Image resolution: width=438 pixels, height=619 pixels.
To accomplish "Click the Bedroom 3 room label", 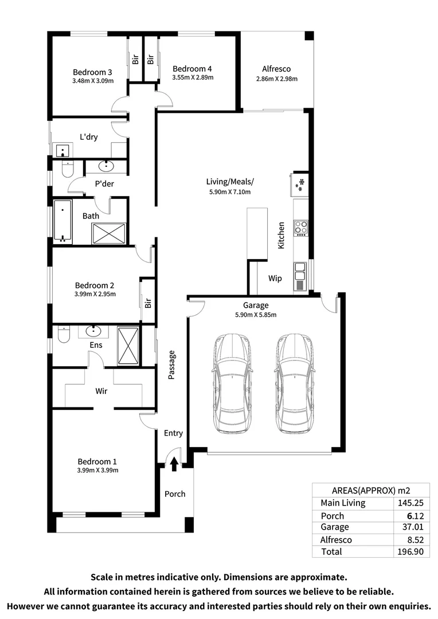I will [x=92, y=72].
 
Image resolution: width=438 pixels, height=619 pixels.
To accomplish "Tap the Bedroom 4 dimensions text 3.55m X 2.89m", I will [x=193, y=77].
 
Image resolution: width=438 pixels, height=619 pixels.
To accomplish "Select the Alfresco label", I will [x=276, y=69].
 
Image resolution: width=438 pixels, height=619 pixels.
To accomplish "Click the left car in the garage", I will [x=232, y=383].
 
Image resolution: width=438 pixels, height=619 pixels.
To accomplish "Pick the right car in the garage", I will [x=295, y=383].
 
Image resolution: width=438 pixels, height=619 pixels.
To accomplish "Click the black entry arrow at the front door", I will [x=174, y=464].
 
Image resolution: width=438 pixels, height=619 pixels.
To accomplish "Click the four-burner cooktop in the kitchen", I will [x=300, y=228].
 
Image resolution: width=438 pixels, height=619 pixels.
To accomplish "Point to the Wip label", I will [x=275, y=278].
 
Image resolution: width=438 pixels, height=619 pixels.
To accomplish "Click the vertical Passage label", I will [x=171, y=365].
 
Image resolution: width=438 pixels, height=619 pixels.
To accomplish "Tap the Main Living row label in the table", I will [x=342, y=503].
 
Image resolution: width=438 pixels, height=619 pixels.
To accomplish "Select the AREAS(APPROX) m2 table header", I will [x=371, y=491].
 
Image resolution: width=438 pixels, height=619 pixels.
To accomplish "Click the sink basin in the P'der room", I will [x=107, y=167].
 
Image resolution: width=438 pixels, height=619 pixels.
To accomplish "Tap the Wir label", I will [x=102, y=390].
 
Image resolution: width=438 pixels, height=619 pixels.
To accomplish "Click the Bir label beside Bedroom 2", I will [x=148, y=302].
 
